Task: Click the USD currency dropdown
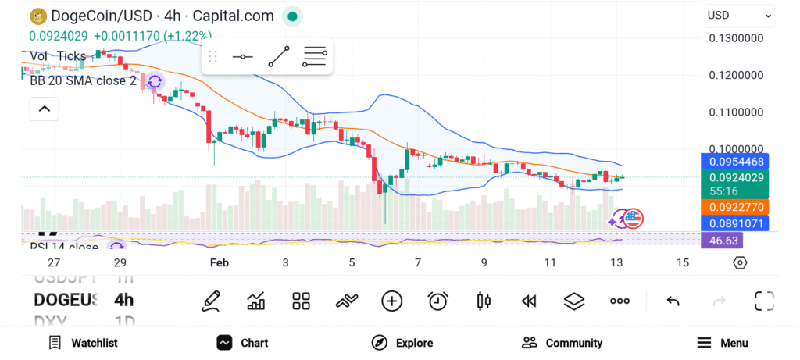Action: click(739, 15)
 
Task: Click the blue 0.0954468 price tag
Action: click(735, 162)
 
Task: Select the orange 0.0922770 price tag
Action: click(735, 207)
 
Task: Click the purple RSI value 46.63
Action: click(721, 241)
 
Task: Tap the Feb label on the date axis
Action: click(220, 262)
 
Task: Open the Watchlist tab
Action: click(83, 343)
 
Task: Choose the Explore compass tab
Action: click(402, 343)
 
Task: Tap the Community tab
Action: click(562, 343)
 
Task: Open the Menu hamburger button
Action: click(723, 343)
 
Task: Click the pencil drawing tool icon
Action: click(210, 301)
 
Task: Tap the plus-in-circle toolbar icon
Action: click(391, 301)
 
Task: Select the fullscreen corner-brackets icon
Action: click(764, 301)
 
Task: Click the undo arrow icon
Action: click(673, 301)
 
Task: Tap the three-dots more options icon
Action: click(620, 301)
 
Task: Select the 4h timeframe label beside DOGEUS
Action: click(123, 300)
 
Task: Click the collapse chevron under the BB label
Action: click(44, 109)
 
